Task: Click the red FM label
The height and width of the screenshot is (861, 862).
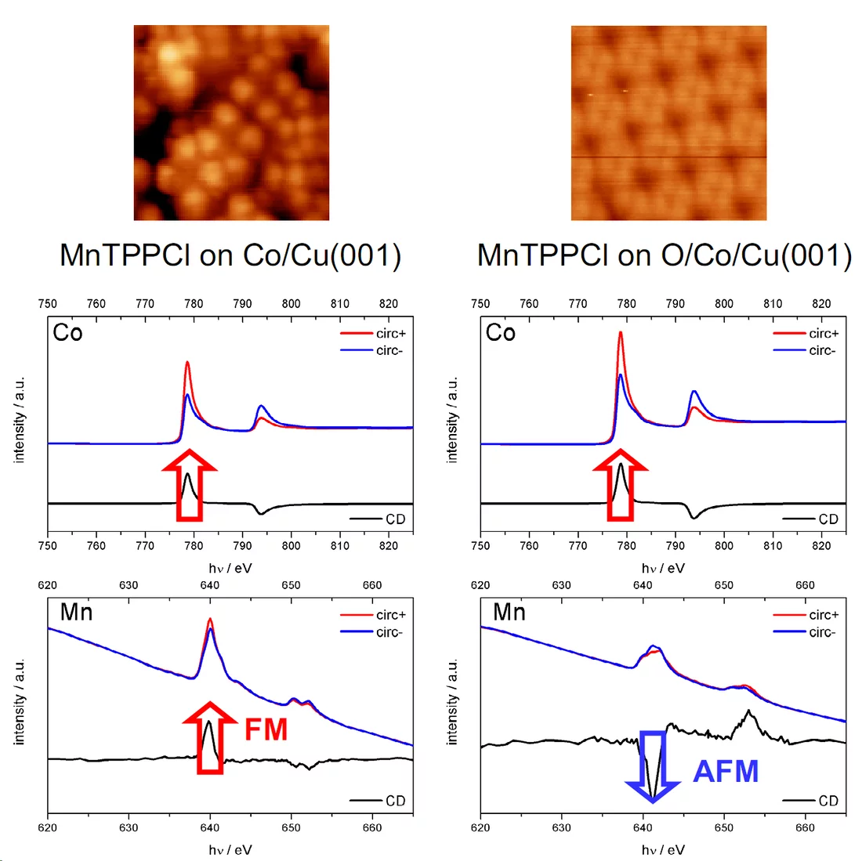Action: pos(266,729)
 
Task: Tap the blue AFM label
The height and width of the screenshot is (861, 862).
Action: pos(726,772)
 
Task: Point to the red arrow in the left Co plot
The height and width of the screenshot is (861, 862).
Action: pos(189,486)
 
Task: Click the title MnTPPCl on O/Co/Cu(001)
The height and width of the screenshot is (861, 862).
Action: pos(665,256)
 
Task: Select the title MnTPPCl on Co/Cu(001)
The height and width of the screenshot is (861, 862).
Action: pos(230,256)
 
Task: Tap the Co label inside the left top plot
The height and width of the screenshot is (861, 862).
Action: pos(67,333)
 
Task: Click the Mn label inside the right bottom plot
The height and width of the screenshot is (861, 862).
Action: pos(509,612)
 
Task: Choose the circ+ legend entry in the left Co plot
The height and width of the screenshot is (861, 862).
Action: pos(374,334)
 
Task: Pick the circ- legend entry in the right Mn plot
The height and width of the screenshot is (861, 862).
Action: pos(806,632)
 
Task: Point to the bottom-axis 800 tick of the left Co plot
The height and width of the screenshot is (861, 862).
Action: pos(291,545)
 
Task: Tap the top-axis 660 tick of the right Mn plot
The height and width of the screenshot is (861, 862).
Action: pos(805,585)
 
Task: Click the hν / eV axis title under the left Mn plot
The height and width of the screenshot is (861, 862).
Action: pos(230,849)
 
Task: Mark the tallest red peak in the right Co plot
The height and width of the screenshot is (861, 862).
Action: pos(621,334)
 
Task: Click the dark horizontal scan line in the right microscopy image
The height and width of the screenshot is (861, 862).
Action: pos(668,157)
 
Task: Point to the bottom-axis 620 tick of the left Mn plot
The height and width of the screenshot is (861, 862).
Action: pos(48,827)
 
